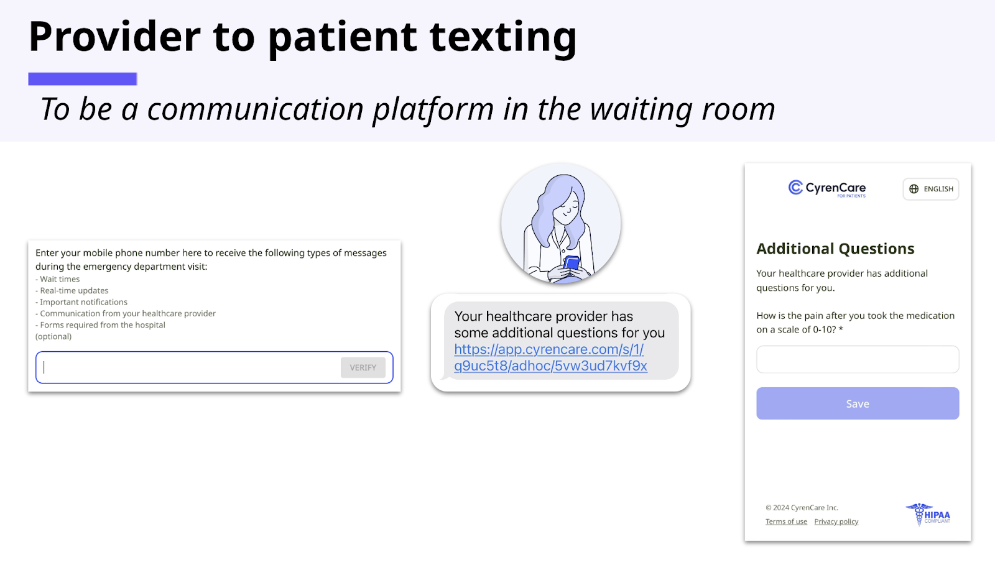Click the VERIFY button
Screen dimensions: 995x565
coord(363,367)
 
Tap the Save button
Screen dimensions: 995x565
coord(858,403)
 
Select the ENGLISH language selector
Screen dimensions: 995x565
coord(930,189)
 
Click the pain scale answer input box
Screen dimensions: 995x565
coord(858,359)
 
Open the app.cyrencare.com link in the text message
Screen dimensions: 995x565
coord(550,357)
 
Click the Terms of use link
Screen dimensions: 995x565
coord(786,521)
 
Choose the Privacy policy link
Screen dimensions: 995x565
coord(836,521)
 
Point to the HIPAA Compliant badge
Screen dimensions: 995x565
coord(928,515)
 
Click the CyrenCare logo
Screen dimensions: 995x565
coord(826,188)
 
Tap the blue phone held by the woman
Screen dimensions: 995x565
coord(572,263)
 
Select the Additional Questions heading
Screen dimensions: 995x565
coord(835,249)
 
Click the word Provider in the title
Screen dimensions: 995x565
coord(114,37)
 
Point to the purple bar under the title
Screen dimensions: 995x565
coord(83,79)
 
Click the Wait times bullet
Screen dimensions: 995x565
coord(58,279)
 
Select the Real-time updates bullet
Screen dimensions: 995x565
coord(72,291)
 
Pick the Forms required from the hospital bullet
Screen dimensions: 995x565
coord(100,325)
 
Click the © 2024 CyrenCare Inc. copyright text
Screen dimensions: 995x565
coord(802,507)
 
